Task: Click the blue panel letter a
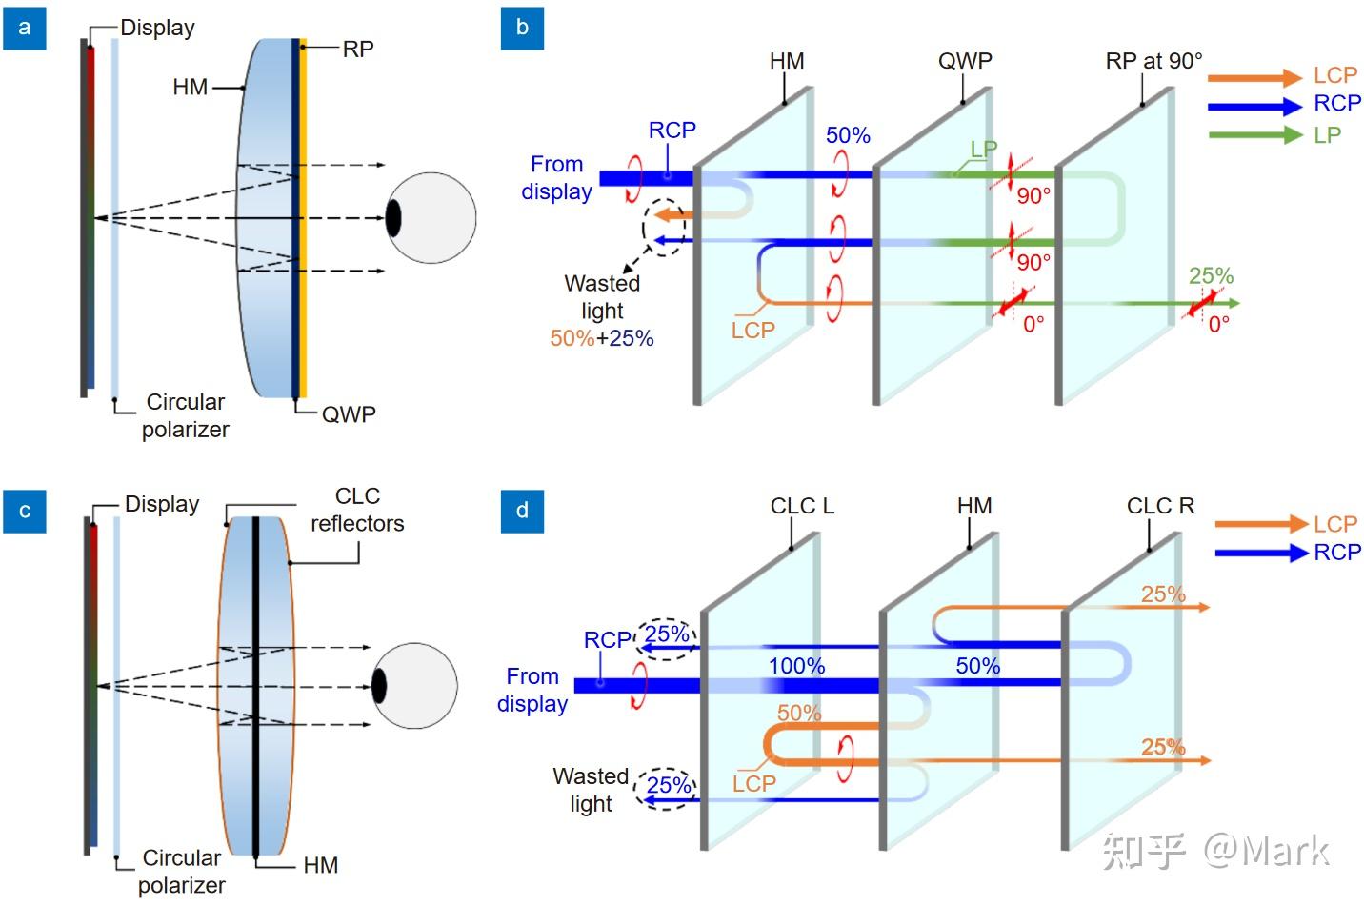click(25, 28)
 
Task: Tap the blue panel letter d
click(522, 511)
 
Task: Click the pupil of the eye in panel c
click(379, 686)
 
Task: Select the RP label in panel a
click(358, 49)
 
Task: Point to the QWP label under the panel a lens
click(349, 414)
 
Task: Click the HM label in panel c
click(321, 865)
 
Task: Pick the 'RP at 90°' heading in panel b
click(1153, 61)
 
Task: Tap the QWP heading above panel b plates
click(965, 61)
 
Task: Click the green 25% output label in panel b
click(1211, 276)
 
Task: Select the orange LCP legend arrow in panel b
click(1254, 77)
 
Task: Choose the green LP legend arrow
click(1254, 135)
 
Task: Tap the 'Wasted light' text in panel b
click(602, 296)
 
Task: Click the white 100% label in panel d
click(797, 666)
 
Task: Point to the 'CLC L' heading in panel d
click(802, 506)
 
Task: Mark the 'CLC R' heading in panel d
click(1159, 506)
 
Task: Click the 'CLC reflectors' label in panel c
click(357, 510)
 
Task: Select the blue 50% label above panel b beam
click(848, 135)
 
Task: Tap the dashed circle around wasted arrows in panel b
click(664, 228)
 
